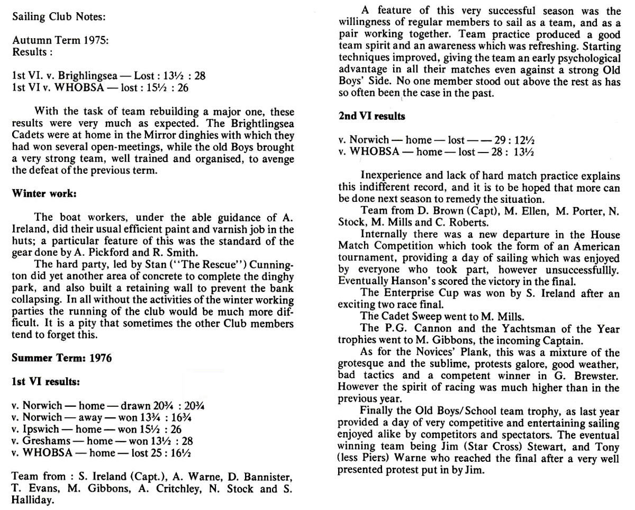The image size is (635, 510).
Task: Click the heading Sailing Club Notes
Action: [x=58, y=17]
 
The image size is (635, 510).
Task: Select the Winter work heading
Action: [x=44, y=193]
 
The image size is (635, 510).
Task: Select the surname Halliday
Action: [x=32, y=498]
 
